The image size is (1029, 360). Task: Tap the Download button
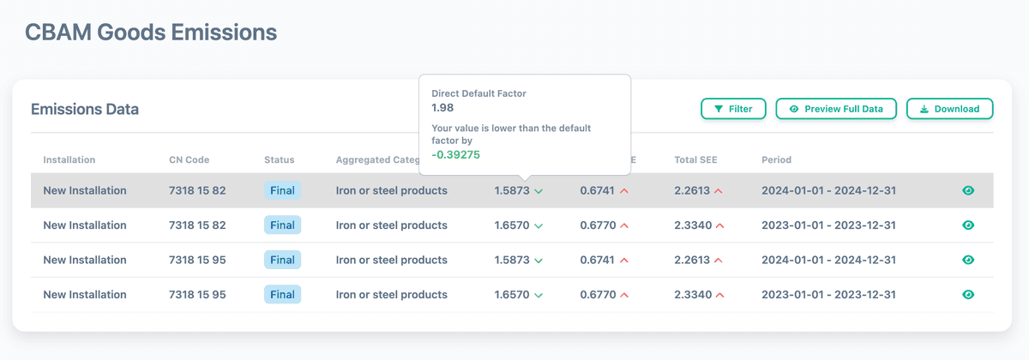[x=949, y=109]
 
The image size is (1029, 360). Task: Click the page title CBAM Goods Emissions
[x=151, y=33]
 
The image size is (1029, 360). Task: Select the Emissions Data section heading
[x=85, y=110]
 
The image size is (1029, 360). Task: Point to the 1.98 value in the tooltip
[x=442, y=108]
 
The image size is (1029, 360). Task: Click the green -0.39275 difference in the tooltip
[x=455, y=154]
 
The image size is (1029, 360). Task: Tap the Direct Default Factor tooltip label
[x=478, y=93]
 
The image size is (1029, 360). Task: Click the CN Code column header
[x=189, y=159]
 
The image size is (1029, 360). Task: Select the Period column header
[x=776, y=159]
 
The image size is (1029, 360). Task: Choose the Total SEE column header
[x=695, y=159]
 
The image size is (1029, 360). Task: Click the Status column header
[x=279, y=159]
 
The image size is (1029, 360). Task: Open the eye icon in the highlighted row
[x=968, y=190]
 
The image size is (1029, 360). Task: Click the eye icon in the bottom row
[x=968, y=295]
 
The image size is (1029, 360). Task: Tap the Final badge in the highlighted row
[x=282, y=190]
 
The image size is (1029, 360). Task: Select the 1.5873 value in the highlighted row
[x=512, y=190]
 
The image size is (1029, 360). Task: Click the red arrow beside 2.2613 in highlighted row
[x=720, y=191]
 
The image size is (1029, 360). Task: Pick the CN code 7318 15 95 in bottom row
[x=197, y=295]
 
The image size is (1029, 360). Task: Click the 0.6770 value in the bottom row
[x=598, y=295]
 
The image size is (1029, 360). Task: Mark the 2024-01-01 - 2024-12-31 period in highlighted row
[x=828, y=190]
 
